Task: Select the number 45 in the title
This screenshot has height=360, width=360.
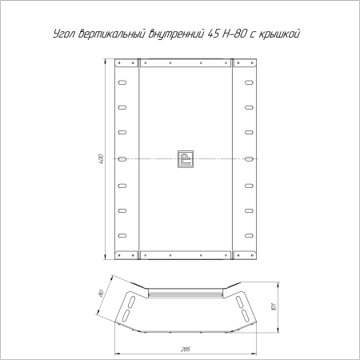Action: click(x=213, y=34)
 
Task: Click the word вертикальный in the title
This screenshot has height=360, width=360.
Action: click(x=112, y=34)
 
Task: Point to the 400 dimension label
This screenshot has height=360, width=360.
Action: click(x=101, y=159)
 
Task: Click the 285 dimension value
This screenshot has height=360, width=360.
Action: click(x=186, y=350)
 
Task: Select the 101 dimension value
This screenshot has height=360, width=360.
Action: click(x=274, y=306)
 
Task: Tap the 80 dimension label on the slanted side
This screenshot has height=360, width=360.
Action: click(x=101, y=293)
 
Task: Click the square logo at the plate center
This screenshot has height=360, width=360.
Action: click(x=186, y=159)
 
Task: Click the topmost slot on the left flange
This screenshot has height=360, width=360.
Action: click(x=122, y=82)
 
